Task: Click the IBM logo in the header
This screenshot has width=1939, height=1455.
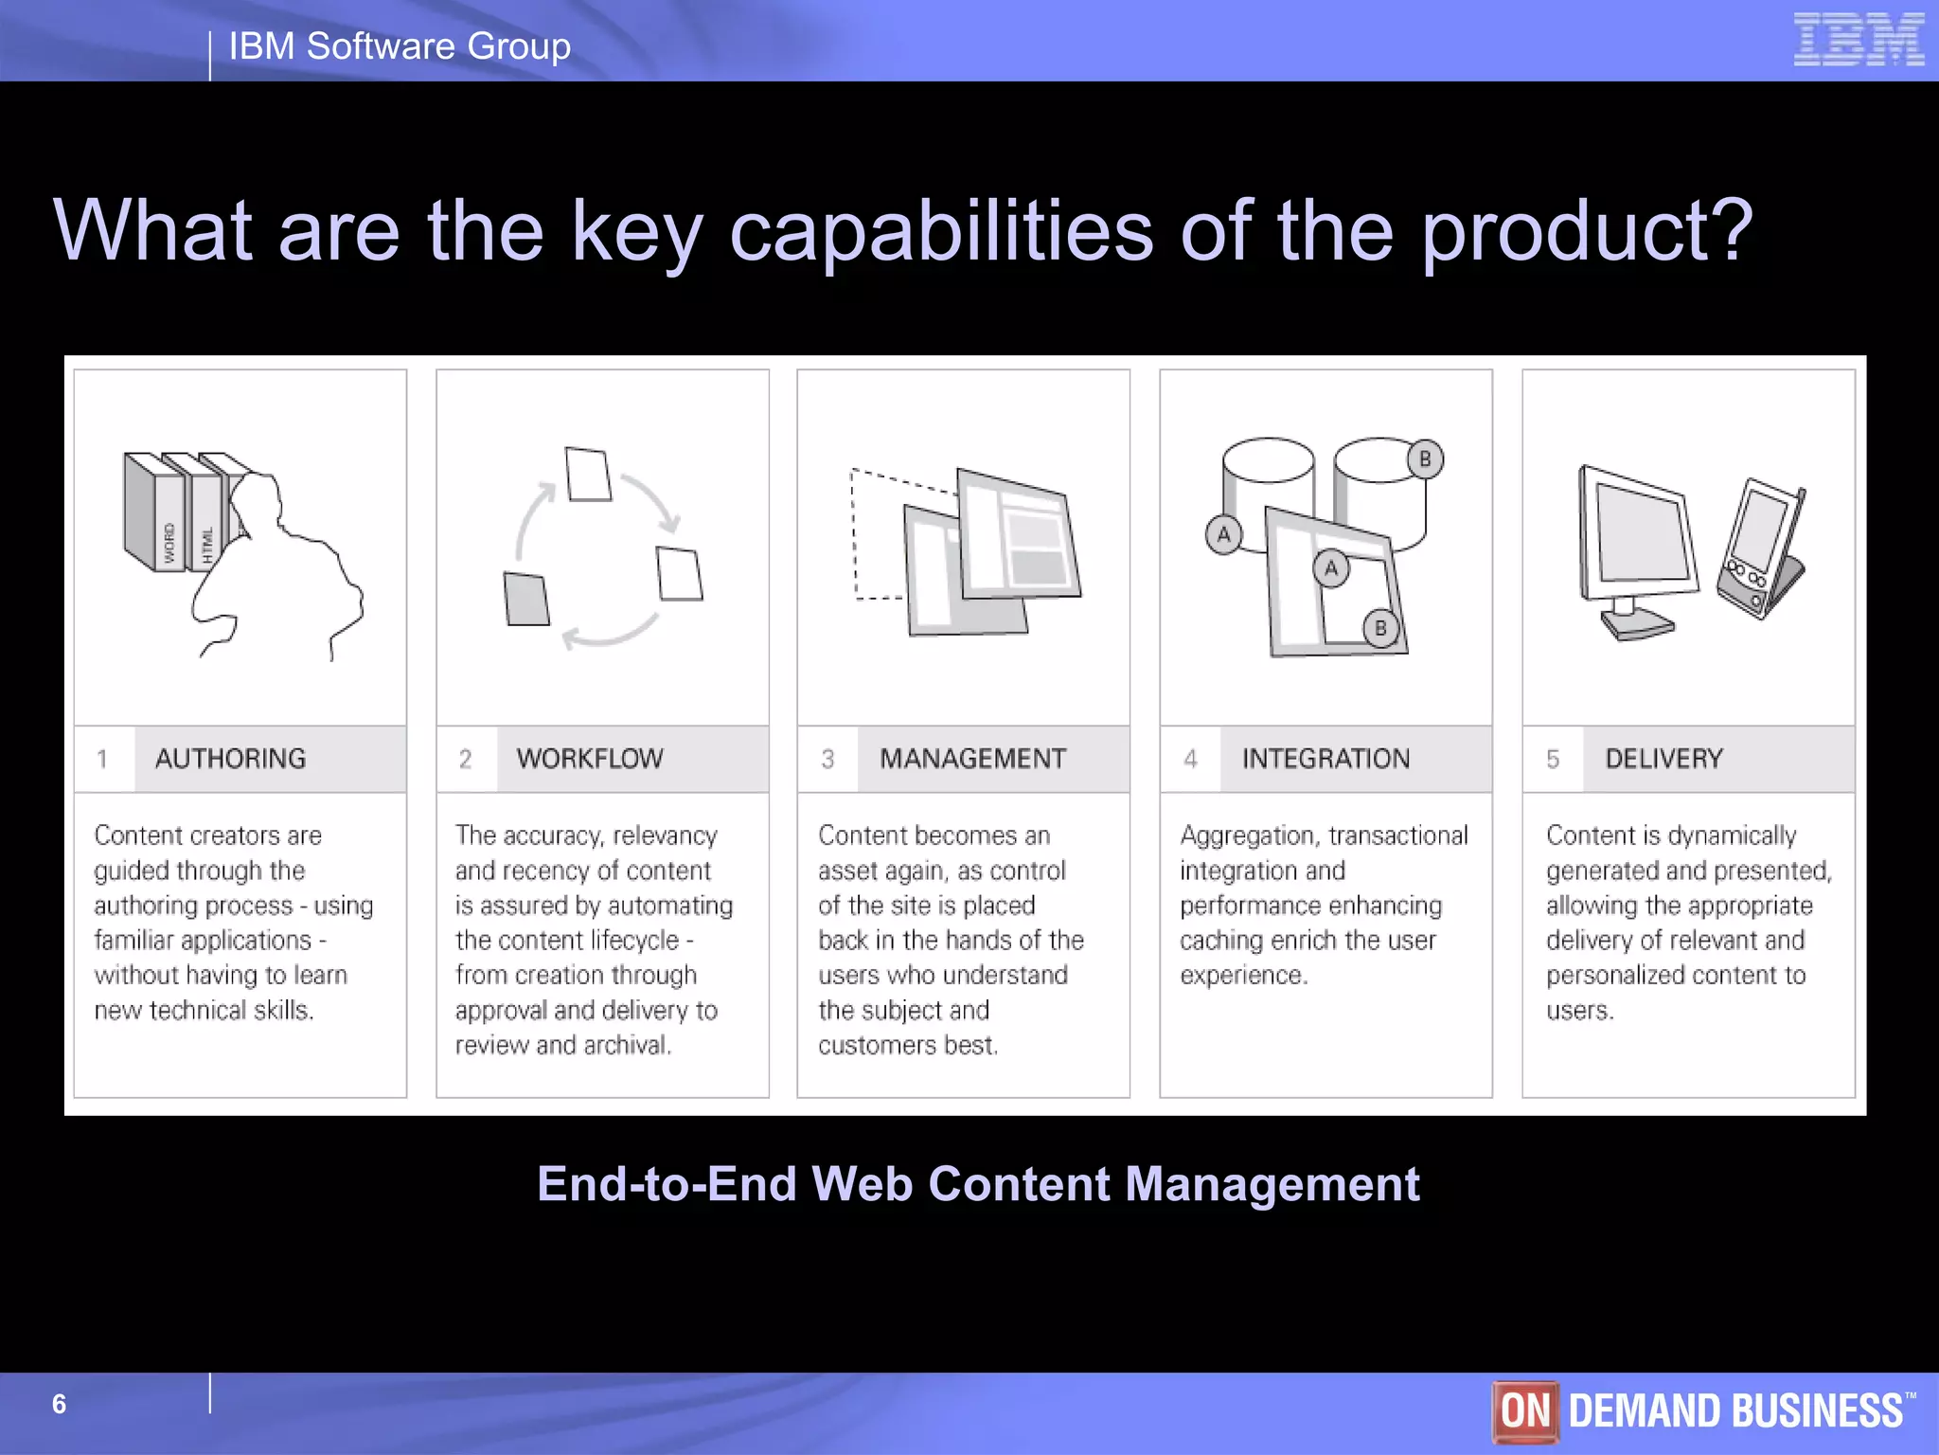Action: coord(1859,40)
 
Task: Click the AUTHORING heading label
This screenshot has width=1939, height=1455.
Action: coord(230,759)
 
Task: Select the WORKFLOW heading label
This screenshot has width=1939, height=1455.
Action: coord(590,759)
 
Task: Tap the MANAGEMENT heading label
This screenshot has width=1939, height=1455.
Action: coord(972,759)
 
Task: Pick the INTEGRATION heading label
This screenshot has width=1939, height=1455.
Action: coord(1325,759)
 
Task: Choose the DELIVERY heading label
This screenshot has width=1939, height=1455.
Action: coord(1663,759)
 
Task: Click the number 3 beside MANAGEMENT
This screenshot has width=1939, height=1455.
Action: coord(827,759)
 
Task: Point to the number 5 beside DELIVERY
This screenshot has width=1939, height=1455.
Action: coord(1553,759)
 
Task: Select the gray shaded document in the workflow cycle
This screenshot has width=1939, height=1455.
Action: coord(526,599)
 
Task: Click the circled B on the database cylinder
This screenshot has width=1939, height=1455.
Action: coord(1424,459)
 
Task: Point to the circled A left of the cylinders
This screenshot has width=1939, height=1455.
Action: coord(1223,535)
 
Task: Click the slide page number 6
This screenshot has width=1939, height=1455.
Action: coord(59,1404)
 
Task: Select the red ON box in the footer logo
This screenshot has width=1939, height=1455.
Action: coord(1525,1410)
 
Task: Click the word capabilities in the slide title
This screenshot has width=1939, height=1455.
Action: coord(941,231)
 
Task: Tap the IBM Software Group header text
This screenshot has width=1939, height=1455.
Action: coord(400,46)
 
